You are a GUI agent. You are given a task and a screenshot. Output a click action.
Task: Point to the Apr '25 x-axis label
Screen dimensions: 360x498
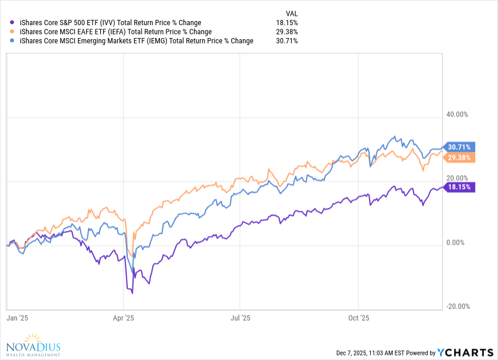123,318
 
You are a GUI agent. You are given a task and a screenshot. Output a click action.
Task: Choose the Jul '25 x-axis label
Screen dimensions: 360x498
240,318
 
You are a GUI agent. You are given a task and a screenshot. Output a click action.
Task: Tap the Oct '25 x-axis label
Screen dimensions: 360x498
358,318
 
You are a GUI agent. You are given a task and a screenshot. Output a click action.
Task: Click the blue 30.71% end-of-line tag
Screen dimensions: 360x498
461,146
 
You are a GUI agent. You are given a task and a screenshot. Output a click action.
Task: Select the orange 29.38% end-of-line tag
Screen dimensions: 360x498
461,157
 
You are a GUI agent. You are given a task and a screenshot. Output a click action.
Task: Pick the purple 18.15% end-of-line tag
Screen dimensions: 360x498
461,187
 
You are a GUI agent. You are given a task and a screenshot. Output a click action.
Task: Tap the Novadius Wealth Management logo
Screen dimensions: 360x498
34,345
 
